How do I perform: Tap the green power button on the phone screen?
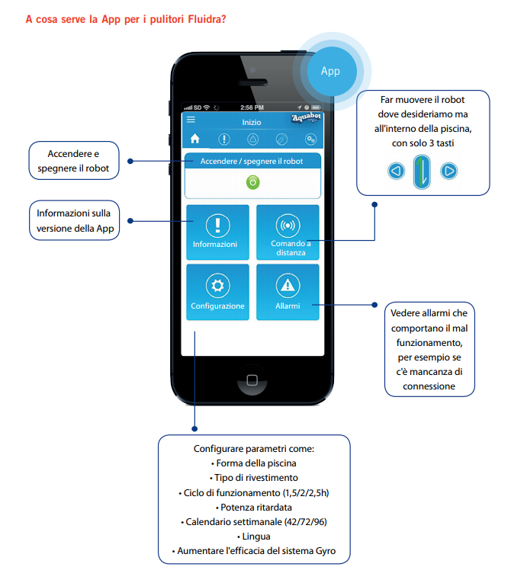[252, 183]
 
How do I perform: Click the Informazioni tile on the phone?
[217, 232]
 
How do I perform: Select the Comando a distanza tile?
[288, 232]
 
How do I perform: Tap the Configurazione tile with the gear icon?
[217, 292]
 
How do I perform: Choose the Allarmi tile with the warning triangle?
[288, 292]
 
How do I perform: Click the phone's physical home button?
[252, 380]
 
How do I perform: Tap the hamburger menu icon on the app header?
[191, 120]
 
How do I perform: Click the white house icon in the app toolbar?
[195, 139]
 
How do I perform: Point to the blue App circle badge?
[331, 71]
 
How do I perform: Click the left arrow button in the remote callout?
[397, 171]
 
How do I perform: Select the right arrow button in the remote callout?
[449, 171]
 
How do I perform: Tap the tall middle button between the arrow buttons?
[422, 171]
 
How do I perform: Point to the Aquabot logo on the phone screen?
[306, 117]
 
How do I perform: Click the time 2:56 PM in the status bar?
[252, 107]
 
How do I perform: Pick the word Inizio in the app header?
[252, 123]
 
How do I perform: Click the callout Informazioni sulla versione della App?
[75, 220]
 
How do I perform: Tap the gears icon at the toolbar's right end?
[310, 139]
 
